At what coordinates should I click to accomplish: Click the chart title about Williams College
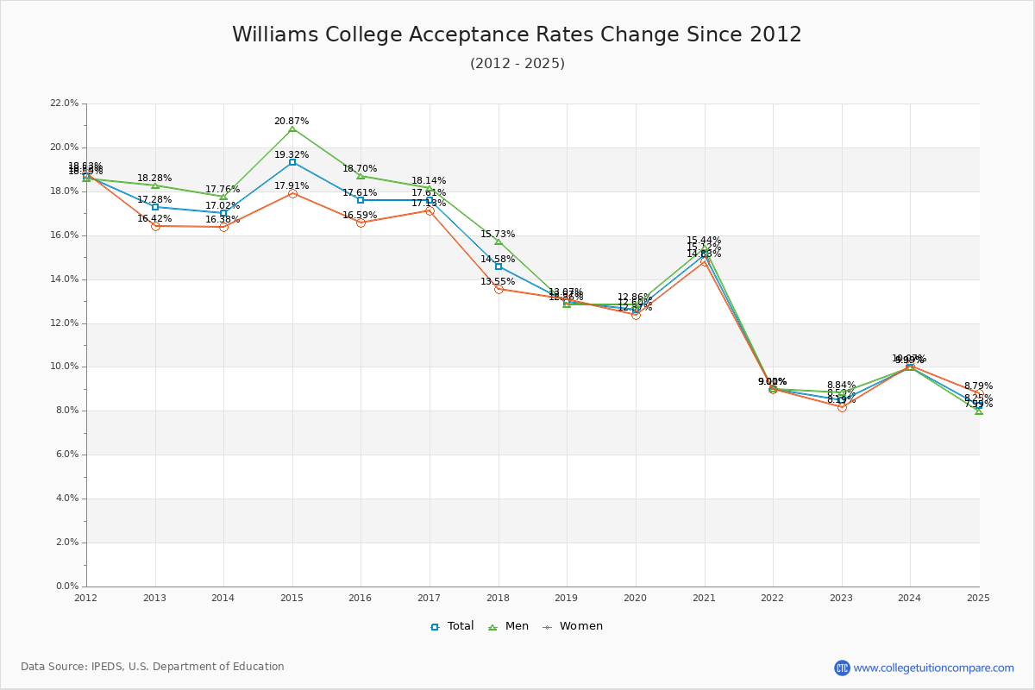pyautogui.click(x=517, y=34)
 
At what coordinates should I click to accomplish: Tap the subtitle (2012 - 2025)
pyautogui.click(x=517, y=63)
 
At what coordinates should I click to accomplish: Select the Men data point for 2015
pyautogui.click(x=292, y=129)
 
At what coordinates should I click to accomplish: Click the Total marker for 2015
pyautogui.click(x=292, y=162)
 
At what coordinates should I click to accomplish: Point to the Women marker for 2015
pyautogui.click(x=292, y=193)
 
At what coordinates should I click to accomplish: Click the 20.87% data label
pyautogui.click(x=292, y=121)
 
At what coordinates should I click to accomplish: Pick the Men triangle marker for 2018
pyautogui.click(x=499, y=241)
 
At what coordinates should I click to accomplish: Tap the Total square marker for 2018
pyautogui.click(x=499, y=267)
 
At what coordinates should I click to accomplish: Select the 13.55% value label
pyautogui.click(x=498, y=281)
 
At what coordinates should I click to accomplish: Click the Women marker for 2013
pyautogui.click(x=155, y=226)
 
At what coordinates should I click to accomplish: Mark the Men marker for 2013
pyautogui.click(x=155, y=185)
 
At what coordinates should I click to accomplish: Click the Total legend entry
pyautogui.click(x=453, y=626)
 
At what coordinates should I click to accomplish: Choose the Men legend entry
pyautogui.click(x=510, y=626)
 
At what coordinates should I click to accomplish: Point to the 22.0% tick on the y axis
pyautogui.click(x=65, y=103)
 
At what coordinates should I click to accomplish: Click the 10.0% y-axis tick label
pyautogui.click(x=65, y=367)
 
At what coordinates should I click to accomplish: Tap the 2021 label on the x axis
pyautogui.click(x=704, y=597)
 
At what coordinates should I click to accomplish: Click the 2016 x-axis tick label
pyautogui.click(x=361, y=597)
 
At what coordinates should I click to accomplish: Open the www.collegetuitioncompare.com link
pyautogui.click(x=933, y=668)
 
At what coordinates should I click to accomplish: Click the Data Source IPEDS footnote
pyautogui.click(x=153, y=667)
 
